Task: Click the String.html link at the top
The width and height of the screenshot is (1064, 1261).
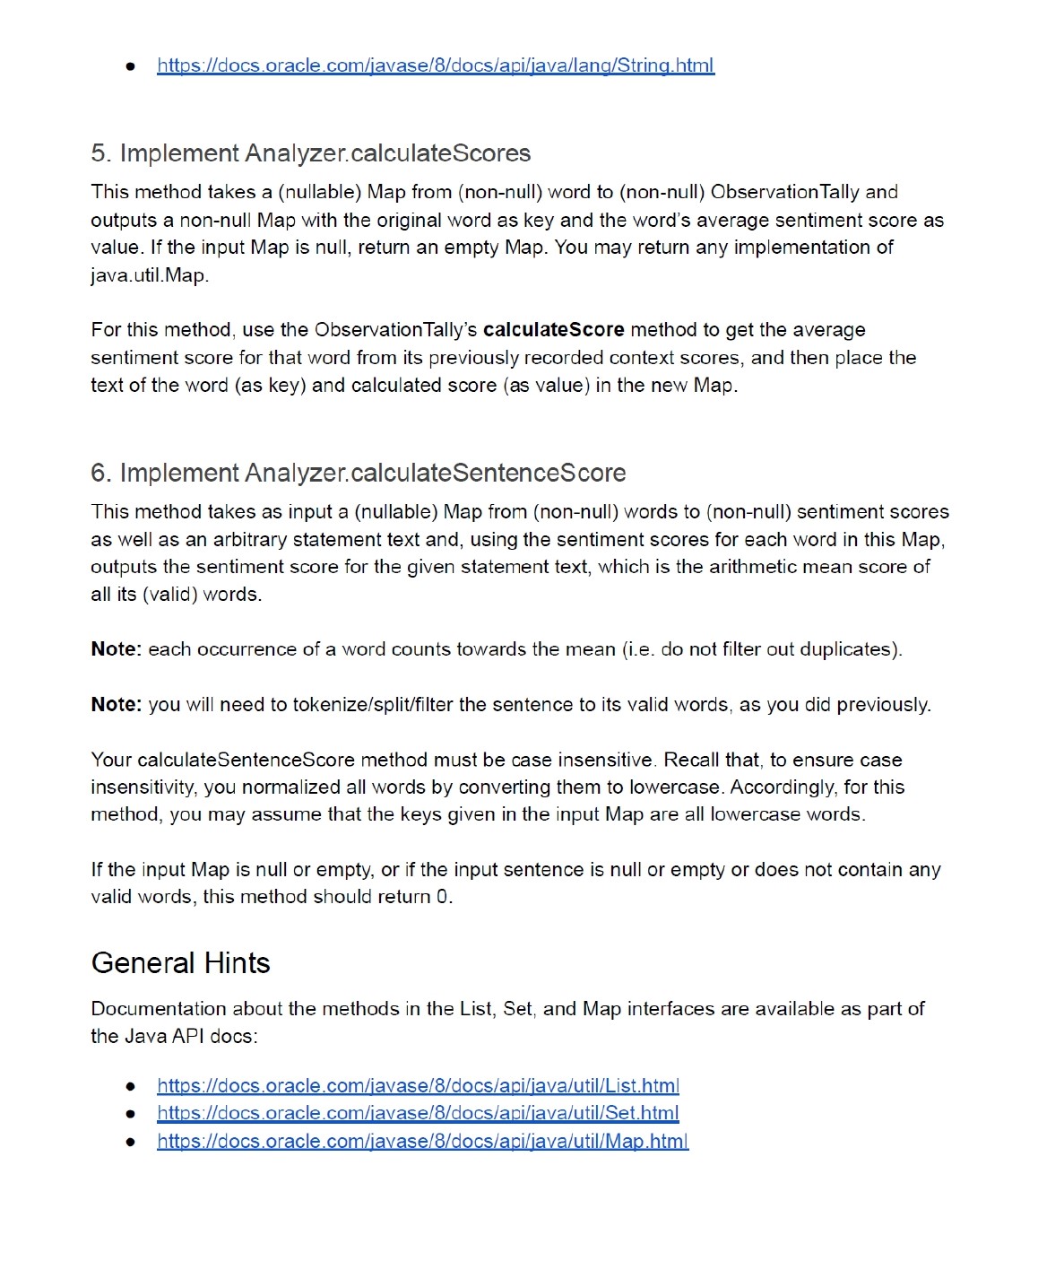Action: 436,65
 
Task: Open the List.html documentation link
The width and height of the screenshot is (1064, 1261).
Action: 418,1086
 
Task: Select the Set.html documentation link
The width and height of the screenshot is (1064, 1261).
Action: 418,1113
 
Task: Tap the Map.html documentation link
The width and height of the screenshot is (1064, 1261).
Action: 422,1141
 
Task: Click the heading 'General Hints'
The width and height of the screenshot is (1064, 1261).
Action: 180,963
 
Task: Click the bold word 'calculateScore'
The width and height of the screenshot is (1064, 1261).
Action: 553,330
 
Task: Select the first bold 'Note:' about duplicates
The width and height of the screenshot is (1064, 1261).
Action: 117,649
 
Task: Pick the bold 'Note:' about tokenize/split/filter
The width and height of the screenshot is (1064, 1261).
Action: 117,705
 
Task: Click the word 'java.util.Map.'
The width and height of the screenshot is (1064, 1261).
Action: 150,275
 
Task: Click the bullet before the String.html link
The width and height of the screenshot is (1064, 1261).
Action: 131,66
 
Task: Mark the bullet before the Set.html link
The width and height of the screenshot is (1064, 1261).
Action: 131,1114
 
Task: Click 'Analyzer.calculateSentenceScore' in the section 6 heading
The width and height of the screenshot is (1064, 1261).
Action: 435,473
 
